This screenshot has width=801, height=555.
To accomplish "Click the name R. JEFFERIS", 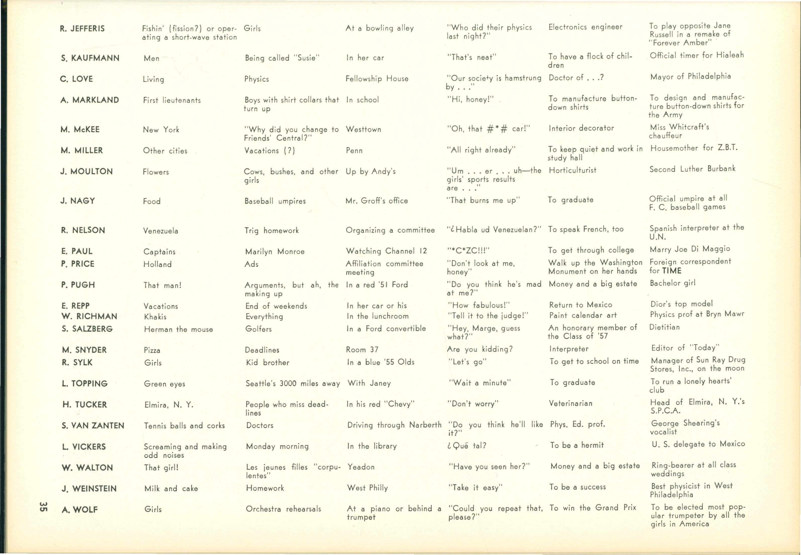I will pos(82,28).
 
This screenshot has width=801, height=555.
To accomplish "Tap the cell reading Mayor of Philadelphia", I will pos(690,76).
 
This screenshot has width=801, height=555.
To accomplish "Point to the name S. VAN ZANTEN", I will pos(93,426).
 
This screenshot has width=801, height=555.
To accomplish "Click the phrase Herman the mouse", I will pos(178,329).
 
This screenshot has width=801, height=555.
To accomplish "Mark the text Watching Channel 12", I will pos(386,251).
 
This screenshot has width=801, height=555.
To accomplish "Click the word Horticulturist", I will pos(573,170).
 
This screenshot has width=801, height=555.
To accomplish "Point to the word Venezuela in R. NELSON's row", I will pos(160,231).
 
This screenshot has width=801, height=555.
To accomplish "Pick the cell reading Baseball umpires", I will pos(275,201).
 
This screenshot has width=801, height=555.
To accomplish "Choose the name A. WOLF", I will pos(80,510).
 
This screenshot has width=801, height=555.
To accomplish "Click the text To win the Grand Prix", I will pos(593,508).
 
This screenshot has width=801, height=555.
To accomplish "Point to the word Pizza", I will pos(152,350).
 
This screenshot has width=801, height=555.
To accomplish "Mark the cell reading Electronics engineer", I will pos(585,27).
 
